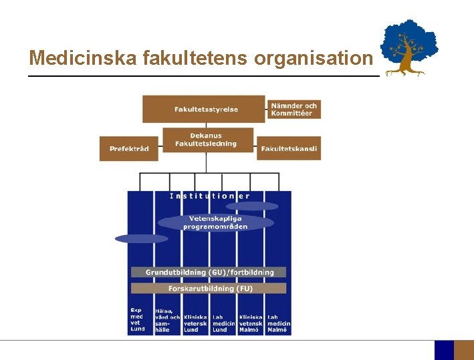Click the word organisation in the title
[x=312, y=59]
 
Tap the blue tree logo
[x=408, y=47]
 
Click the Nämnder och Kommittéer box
[x=294, y=109]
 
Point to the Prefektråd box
[x=129, y=148]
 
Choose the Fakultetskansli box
[x=289, y=148]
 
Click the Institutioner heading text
[x=210, y=196]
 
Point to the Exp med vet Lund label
[x=137, y=319]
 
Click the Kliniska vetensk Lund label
[x=195, y=323]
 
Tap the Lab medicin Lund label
[x=223, y=323]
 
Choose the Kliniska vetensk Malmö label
[x=251, y=323]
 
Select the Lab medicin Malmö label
[x=277, y=323]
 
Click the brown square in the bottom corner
[x=463, y=350]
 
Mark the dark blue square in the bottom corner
[x=444, y=350]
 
